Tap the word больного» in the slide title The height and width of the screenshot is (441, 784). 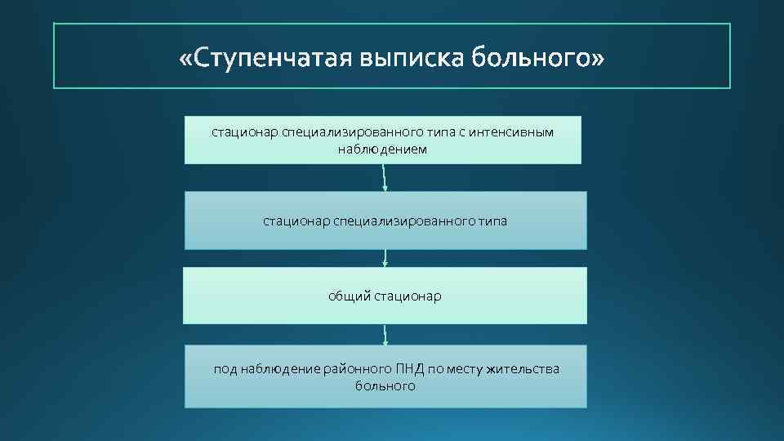(x=540, y=59)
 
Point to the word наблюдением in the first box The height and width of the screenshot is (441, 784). (x=382, y=149)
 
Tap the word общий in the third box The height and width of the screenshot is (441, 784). (x=350, y=296)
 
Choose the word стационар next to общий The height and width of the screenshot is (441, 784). (x=408, y=296)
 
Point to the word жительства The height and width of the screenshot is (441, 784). (x=523, y=369)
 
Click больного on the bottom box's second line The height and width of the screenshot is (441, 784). (x=385, y=386)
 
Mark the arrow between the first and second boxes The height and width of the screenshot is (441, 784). (x=385, y=178)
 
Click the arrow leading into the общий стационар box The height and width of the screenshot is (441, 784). (x=385, y=258)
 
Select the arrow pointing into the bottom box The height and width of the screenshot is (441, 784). (x=385, y=335)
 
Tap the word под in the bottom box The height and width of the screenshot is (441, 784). (x=225, y=369)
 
